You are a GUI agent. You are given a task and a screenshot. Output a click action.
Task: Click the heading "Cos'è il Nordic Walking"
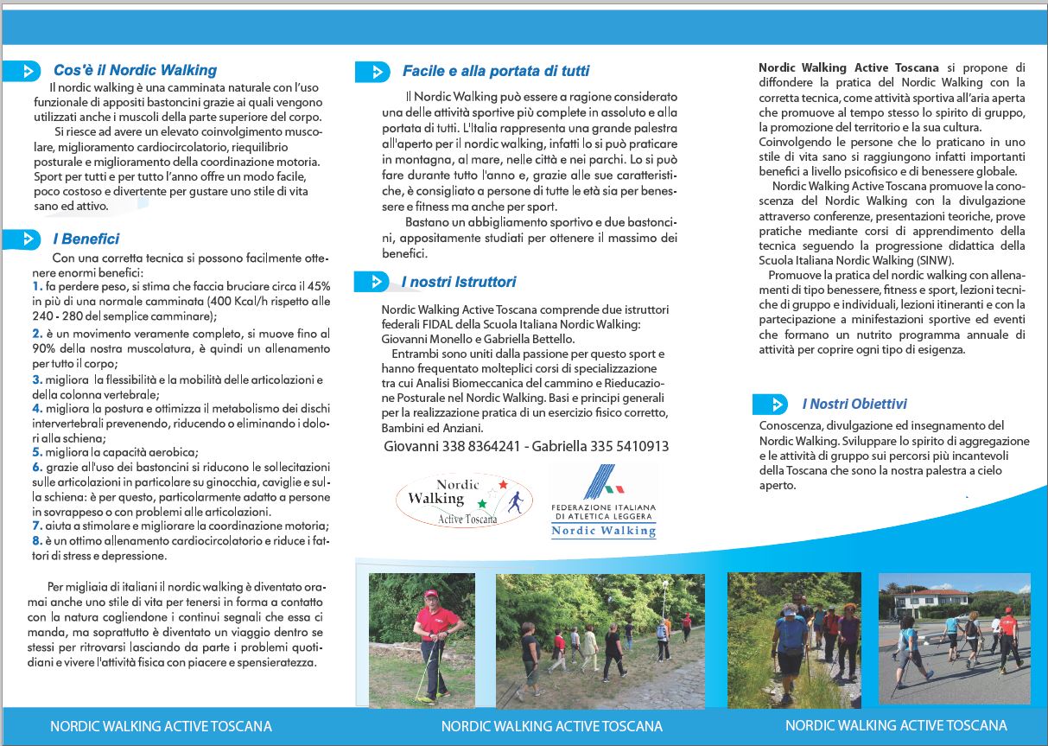tap(135, 71)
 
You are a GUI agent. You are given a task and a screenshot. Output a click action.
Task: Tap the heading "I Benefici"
tap(86, 239)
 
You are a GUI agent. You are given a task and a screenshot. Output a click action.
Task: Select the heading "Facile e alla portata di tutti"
tap(496, 71)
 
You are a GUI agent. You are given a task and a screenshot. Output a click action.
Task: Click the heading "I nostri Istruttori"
tap(458, 282)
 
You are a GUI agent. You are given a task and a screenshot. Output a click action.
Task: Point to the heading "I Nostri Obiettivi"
tap(854, 404)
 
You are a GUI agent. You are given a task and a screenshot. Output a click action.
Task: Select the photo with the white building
tap(954, 637)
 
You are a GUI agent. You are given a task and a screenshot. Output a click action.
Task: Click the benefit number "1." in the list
tap(37, 286)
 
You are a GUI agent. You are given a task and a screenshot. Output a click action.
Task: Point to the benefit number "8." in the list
tap(37, 540)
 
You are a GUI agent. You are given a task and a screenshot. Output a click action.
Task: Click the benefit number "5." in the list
tap(37, 451)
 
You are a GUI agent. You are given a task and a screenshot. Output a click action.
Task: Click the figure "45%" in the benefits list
tap(318, 286)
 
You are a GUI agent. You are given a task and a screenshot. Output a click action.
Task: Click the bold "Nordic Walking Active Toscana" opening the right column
tap(848, 67)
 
